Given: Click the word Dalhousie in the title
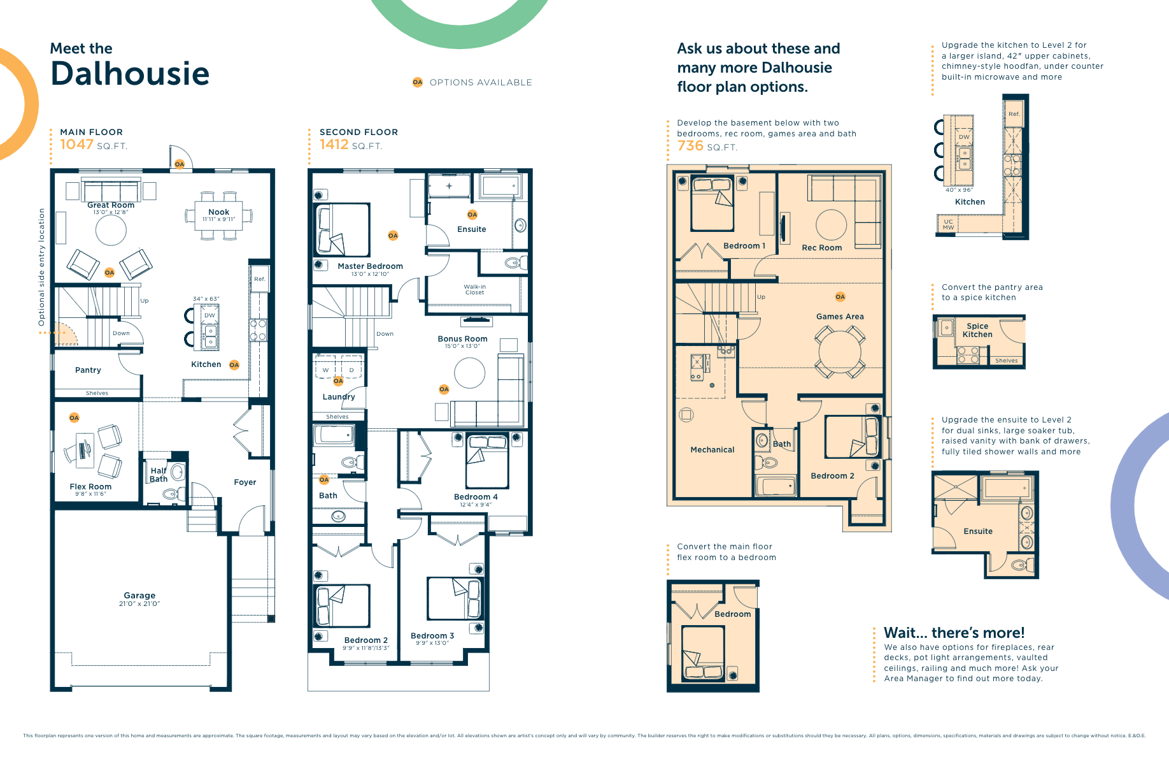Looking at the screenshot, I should (130, 74).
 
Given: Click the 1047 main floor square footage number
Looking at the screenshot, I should (76, 145).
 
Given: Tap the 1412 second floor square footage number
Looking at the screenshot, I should (334, 145).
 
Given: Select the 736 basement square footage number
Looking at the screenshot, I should (690, 146).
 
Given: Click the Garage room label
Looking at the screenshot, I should (139, 595).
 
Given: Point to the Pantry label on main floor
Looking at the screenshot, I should (88, 370).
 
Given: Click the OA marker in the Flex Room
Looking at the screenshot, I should (74, 418).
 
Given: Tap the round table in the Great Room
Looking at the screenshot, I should (111, 230).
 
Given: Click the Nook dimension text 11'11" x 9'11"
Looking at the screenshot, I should (218, 219).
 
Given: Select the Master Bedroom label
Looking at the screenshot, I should (370, 266).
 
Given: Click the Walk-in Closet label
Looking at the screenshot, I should (474, 290).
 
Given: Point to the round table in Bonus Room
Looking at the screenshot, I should (469, 373).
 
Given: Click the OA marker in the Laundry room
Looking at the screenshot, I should (338, 381).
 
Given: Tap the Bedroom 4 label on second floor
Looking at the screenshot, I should (476, 497).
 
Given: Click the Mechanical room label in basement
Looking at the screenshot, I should (712, 450).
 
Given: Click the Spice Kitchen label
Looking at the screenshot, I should (977, 330).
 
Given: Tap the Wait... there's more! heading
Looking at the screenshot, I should (954, 633).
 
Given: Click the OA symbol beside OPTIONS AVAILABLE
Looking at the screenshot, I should (418, 82).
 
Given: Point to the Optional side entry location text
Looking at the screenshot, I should (42, 267).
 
